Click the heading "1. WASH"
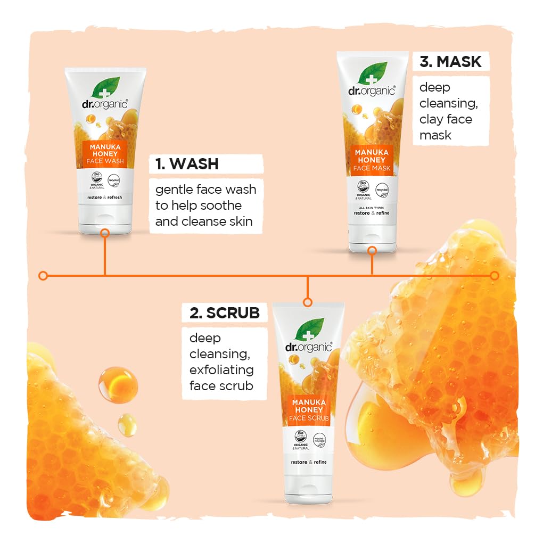point(187,164)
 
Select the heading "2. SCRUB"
point(224,313)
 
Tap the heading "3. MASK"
point(450,62)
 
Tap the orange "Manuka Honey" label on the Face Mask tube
point(372,160)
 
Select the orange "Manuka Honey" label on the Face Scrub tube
point(309,410)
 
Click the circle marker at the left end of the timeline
point(43,275)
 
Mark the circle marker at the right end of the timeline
point(495,275)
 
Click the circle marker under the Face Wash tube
point(105,232)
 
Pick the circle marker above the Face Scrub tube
point(307,302)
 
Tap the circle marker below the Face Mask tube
point(372,250)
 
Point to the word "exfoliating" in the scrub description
point(221,369)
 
